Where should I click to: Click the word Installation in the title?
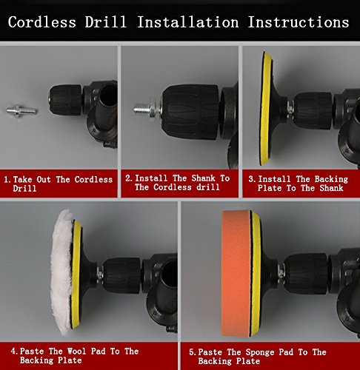[188, 22]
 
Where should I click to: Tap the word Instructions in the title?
[299, 22]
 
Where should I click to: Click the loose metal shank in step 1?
[21, 111]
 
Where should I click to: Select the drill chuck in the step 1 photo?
[65, 100]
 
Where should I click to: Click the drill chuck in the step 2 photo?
[190, 112]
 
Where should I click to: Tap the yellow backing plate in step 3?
[266, 109]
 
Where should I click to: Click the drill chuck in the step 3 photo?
[313, 111]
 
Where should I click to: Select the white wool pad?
[61, 272]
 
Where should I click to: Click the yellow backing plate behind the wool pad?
[76, 275]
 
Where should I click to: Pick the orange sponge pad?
[236, 273]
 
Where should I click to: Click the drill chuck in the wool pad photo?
[121, 275]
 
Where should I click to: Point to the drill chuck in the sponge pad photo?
[307, 274]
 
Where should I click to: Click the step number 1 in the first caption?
[7, 180]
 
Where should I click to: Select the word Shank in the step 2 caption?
[203, 178]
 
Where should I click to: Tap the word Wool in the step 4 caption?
[76, 351]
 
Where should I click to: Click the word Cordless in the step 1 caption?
[93, 180]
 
